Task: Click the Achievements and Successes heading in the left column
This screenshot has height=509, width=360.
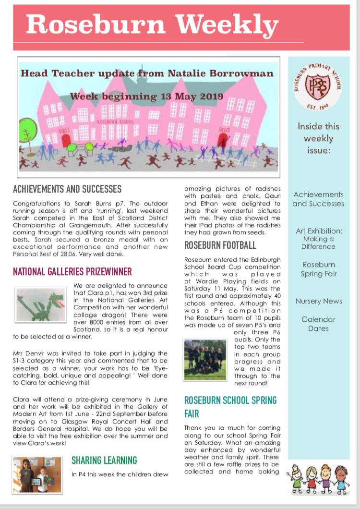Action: pos(67,189)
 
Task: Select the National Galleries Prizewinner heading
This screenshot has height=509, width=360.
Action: pos(72,272)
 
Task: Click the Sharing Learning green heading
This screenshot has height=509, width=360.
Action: pos(104,461)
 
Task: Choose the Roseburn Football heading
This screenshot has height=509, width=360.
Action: pos(220,245)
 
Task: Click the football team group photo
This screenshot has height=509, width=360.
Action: pos(205,360)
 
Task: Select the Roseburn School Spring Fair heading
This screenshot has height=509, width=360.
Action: pos(230,406)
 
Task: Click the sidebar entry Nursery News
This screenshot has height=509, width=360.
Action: pos(319,301)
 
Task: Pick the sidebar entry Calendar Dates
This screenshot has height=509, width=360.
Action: pos(319,324)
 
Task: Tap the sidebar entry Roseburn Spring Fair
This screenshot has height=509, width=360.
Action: pos(319,269)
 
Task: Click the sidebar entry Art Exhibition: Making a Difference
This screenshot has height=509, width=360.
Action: pos(319,239)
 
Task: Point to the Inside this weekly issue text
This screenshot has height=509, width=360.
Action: pos(318,138)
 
